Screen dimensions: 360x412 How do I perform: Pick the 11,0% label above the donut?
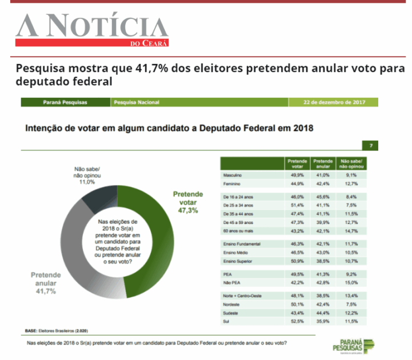[x=87, y=182]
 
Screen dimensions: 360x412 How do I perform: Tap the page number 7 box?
[x=371, y=145]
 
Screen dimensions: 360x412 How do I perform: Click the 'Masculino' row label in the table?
[x=234, y=175]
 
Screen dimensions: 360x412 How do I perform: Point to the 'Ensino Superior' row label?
[x=238, y=261]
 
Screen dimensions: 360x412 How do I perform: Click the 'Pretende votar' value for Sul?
[x=297, y=321]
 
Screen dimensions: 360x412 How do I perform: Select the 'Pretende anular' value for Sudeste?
[x=323, y=313]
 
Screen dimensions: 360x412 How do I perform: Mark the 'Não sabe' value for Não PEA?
[x=351, y=282]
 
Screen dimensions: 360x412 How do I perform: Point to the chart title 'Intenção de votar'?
[x=170, y=128]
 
